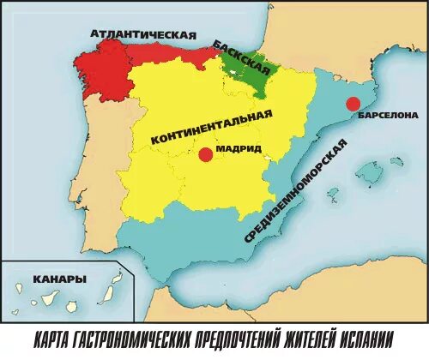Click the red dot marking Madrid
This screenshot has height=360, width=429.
point(204,154)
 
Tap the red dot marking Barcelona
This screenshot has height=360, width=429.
point(352,104)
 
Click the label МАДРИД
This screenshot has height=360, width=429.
point(239,147)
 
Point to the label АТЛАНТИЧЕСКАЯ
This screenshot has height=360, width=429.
point(143,34)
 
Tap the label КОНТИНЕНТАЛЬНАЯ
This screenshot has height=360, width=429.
point(211,126)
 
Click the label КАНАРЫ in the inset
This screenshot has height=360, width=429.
point(59,279)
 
